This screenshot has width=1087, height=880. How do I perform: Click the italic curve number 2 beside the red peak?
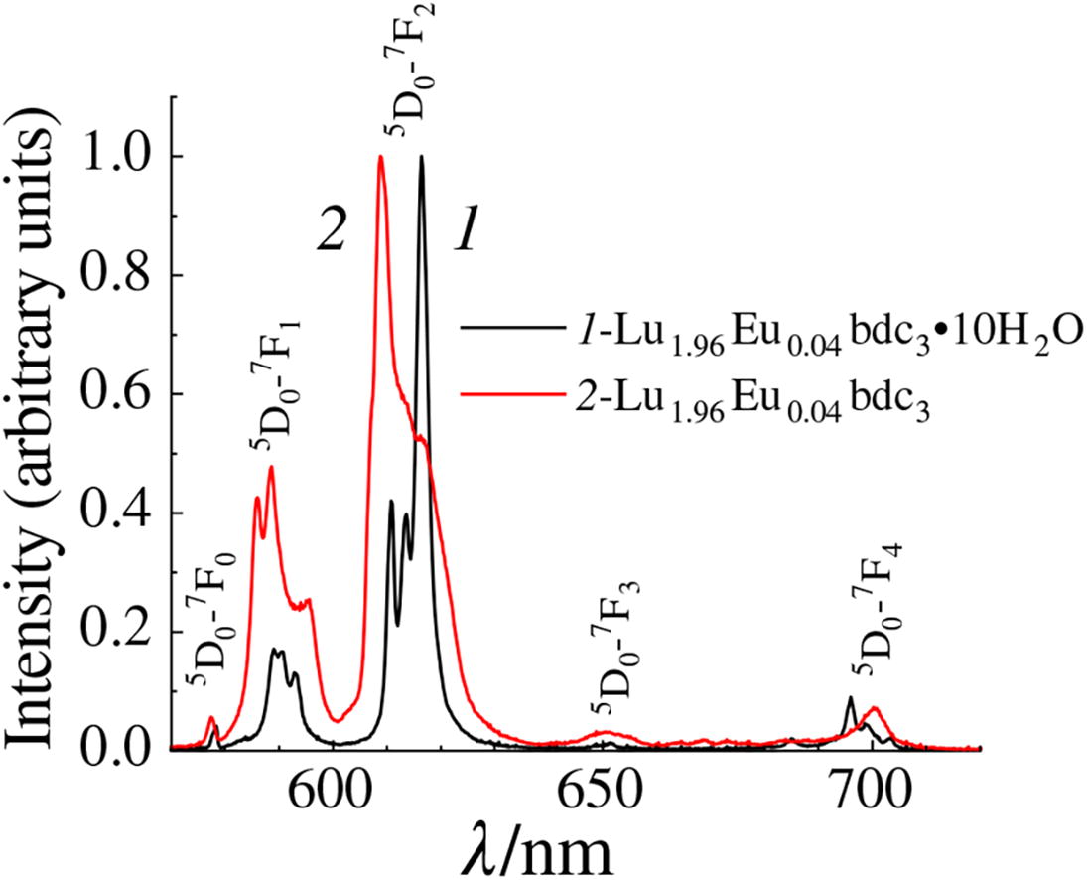coord(331,231)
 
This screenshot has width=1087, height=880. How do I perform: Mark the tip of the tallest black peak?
coord(421,157)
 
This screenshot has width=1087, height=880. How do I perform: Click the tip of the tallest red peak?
coord(381,157)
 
